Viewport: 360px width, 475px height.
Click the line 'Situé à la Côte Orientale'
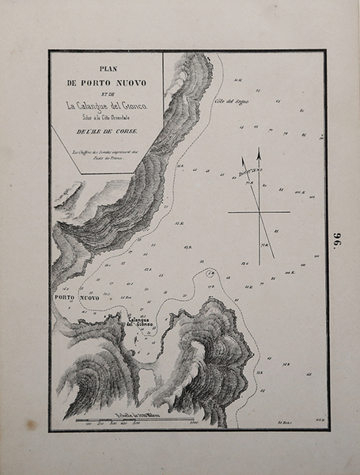(106, 118)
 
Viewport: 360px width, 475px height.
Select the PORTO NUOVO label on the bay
(77, 298)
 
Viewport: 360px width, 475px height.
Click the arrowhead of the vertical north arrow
(258, 153)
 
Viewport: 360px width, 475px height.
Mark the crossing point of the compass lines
(259, 212)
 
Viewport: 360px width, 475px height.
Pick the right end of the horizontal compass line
(290, 212)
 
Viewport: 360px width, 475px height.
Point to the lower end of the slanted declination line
(274, 258)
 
